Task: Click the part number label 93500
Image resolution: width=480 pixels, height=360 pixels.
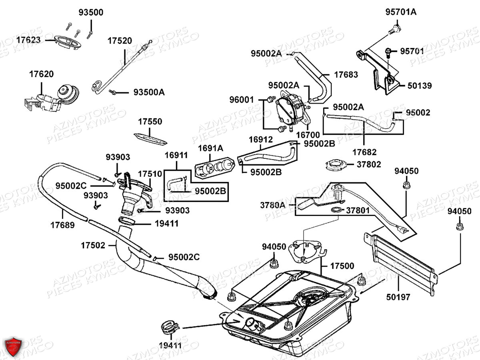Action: pyautogui.click(x=91, y=13)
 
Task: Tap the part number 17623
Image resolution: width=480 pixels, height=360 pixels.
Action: pyautogui.click(x=28, y=40)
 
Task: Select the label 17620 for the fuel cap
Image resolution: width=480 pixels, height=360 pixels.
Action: pyautogui.click(x=41, y=74)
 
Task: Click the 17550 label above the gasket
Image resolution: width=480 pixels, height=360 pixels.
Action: pyautogui.click(x=150, y=122)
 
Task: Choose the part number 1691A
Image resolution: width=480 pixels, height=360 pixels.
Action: pyautogui.click(x=211, y=148)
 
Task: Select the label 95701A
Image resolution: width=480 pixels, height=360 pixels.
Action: pyautogui.click(x=401, y=12)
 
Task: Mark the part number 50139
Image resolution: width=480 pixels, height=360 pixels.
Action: pyautogui.click(x=420, y=86)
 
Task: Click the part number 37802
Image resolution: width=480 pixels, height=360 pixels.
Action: pyautogui.click(x=369, y=164)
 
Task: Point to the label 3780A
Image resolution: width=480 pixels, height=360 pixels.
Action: pyautogui.click(x=273, y=206)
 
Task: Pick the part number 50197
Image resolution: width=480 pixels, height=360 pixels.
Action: pyautogui.click(x=399, y=297)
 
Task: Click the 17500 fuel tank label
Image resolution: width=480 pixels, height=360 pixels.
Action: pyautogui.click(x=342, y=266)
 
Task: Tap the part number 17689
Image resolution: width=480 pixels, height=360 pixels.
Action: pyautogui.click(x=62, y=225)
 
